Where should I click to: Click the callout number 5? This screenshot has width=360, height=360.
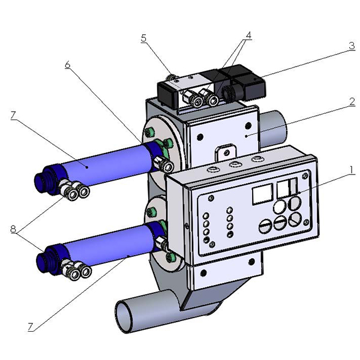(x=143, y=37)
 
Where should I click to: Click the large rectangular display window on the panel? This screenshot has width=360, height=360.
(x=262, y=193)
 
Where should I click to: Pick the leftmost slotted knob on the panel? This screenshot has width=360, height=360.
(x=265, y=227)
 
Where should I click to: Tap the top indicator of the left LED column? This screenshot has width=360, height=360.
(x=206, y=214)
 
